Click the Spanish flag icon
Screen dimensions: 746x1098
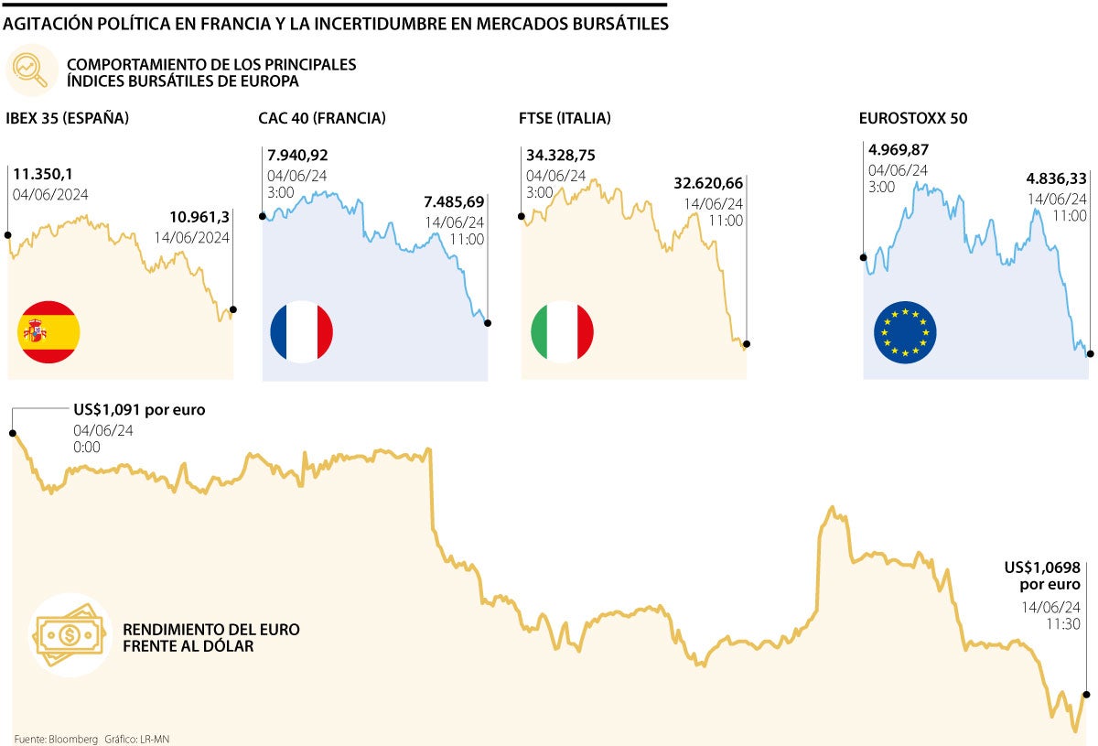[x=48, y=331]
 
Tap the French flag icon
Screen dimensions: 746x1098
[x=301, y=331]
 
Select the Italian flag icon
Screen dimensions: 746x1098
[x=562, y=331]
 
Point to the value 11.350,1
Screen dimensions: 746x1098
[x=48, y=174]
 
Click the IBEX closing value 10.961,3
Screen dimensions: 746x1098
[x=199, y=217]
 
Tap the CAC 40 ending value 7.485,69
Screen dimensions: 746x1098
[x=455, y=201]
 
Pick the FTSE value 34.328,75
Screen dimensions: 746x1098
[x=561, y=156]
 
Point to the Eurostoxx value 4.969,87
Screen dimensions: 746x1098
[x=899, y=150]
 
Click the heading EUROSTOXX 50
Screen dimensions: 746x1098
[x=913, y=118]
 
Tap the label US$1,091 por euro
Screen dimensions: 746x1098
[x=139, y=410]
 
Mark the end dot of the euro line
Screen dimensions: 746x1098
[x=1087, y=695]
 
